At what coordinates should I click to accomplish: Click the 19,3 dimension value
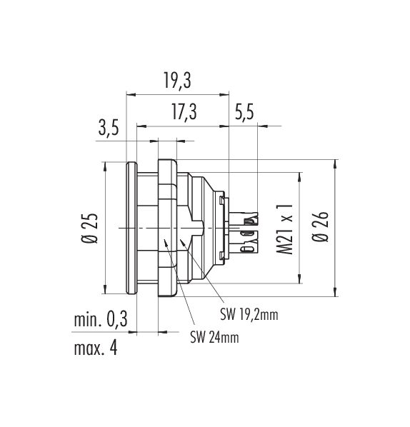coord(177,81)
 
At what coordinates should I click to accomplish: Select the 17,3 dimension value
coord(184,111)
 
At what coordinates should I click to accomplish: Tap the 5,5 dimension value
coord(244,111)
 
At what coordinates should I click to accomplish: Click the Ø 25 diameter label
coord(89,228)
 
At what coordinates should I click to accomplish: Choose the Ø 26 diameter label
coord(321,226)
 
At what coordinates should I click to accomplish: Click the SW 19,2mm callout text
coord(249,315)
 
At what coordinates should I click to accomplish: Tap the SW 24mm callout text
coord(215,337)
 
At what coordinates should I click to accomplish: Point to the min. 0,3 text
coord(101,319)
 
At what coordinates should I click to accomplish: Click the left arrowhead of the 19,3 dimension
coord(131,94)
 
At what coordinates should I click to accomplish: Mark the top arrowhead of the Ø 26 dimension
coord(335,164)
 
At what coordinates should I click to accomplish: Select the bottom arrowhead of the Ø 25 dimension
coord(105,289)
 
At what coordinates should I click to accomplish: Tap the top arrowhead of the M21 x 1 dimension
coord(300,177)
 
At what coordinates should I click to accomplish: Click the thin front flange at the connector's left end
coord(131,228)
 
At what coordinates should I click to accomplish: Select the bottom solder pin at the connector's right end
coord(244,249)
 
